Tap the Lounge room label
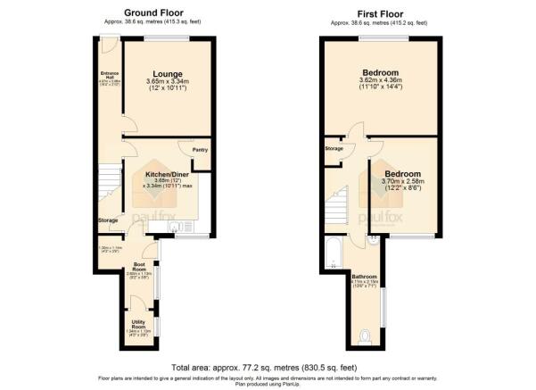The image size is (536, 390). point(167,74)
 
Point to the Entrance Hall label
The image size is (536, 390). point(109,75)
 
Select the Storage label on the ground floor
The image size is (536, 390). point(108,219)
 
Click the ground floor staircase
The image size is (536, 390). point(109,183)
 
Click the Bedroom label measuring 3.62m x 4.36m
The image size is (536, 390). point(380,72)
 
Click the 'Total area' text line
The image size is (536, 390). point(268,368)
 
